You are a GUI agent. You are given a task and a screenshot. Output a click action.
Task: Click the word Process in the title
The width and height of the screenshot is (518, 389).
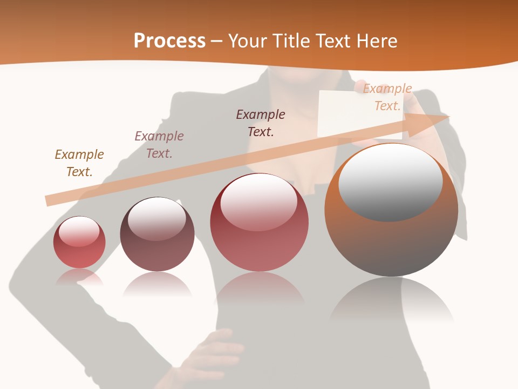tap(169, 41)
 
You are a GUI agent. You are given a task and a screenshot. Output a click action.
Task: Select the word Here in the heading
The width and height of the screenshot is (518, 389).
tap(376, 41)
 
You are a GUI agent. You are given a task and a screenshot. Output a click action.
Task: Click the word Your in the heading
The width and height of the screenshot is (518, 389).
tap(249, 41)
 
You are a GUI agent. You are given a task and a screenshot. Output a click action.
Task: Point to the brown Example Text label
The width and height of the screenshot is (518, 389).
tap(79, 163)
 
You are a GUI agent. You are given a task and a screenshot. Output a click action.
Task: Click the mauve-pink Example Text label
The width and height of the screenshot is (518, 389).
tap(159, 145)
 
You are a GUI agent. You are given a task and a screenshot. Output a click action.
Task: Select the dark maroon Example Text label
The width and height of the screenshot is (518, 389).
tap(261, 123)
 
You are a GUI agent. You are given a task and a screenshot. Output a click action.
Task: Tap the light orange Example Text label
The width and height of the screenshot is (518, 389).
tap(387, 97)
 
